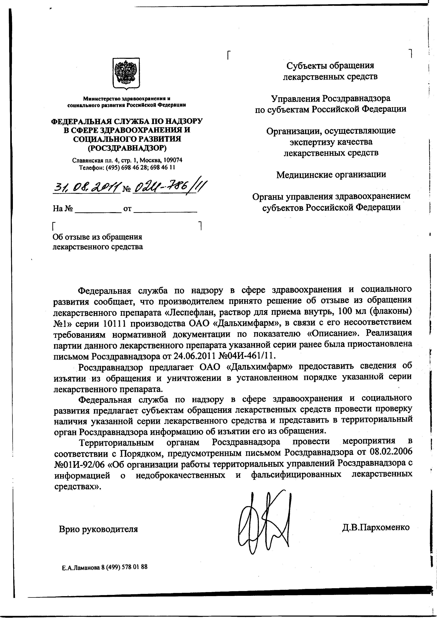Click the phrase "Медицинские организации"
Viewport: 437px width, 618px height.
coord(331,175)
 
